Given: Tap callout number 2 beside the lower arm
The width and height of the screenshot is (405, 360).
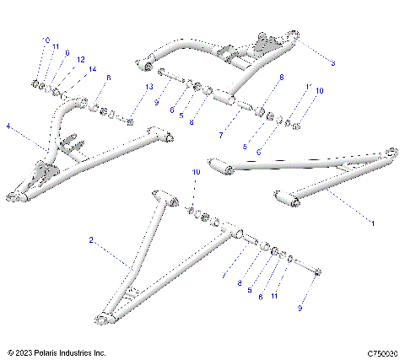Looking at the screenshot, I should click(90, 240).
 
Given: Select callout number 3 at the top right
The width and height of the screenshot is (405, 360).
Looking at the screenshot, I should click(332, 63).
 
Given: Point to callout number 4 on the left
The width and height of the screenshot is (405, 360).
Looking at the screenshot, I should click(8, 127).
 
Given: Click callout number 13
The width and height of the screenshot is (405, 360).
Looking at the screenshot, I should click(149, 88).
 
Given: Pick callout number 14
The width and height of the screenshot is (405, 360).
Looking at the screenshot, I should click(92, 67).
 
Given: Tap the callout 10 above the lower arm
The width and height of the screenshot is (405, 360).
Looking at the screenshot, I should click(195, 172).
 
